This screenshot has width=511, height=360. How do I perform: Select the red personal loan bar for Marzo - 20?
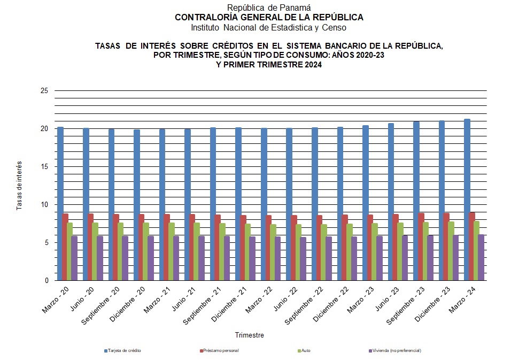coord(65,247)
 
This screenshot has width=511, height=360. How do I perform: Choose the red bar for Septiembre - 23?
coord(422,247)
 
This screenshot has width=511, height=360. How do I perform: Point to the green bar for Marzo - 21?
coord(172,251)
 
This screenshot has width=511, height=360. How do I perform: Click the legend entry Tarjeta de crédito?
coord(125,350)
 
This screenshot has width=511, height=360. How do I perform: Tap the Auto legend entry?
coord(305,350)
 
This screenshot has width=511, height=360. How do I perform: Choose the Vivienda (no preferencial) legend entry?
coord(397,350)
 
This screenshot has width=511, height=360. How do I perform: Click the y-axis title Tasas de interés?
coord(19,185)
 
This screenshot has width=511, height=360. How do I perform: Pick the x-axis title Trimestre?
coord(250,335)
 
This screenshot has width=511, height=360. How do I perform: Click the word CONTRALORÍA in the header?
coord(200,17)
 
